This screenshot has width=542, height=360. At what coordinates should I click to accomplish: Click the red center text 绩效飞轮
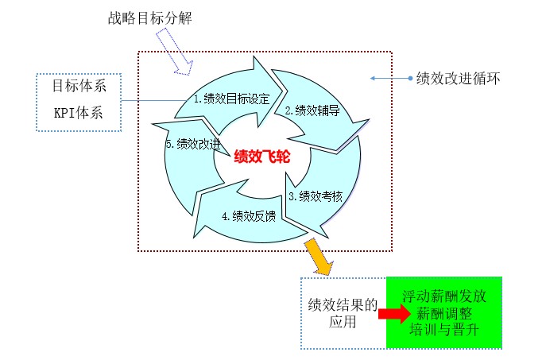click(x=262, y=157)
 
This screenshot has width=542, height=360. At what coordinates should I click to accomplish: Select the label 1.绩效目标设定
click(x=231, y=99)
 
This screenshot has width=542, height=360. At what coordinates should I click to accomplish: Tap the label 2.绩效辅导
click(x=312, y=110)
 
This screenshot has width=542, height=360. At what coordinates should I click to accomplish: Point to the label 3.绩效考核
click(x=316, y=196)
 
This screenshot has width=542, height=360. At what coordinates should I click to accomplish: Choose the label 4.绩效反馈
click(x=249, y=216)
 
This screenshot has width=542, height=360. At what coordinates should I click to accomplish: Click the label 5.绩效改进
click(x=193, y=144)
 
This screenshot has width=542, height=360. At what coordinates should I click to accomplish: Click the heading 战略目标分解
click(x=150, y=18)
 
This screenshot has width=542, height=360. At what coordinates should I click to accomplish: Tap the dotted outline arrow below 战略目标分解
click(x=174, y=52)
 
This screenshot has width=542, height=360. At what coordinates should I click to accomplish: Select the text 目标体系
click(x=79, y=86)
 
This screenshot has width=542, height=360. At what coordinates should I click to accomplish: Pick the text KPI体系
click(x=79, y=113)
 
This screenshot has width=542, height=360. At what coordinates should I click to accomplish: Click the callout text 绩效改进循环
click(x=459, y=79)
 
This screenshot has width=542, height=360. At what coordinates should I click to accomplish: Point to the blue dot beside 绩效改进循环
click(x=410, y=79)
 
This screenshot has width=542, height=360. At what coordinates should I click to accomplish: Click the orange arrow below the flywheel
click(x=319, y=257)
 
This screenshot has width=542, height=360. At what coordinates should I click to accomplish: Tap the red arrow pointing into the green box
click(x=394, y=314)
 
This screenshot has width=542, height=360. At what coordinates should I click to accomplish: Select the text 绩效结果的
click(x=343, y=305)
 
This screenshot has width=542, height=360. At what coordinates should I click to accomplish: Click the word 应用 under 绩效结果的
click(x=343, y=322)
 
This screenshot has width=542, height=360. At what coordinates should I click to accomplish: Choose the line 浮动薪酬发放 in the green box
click(x=444, y=296)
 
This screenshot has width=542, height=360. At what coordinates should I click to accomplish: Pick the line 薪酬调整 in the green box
click(x=444, y=314)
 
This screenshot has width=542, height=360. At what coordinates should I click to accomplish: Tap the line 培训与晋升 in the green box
click(x=444, y=330)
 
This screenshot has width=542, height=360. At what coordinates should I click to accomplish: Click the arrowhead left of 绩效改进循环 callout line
click(x=373, y=79)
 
